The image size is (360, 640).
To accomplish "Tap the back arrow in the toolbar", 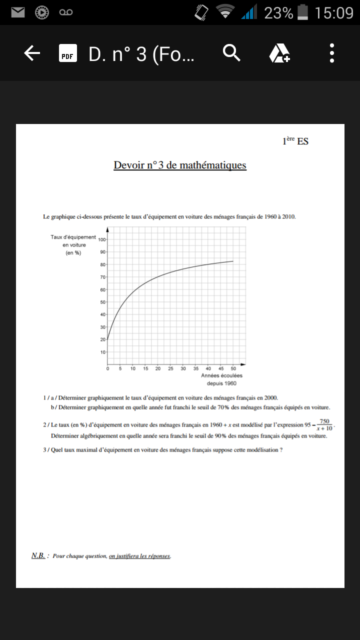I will [32, 53].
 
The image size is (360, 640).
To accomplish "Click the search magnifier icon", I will [231, 52].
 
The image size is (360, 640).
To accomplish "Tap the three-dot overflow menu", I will [332, 53].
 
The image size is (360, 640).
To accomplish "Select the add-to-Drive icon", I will [279, 53].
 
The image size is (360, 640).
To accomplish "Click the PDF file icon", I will [67, 53].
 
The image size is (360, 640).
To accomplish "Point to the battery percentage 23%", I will [278, 12].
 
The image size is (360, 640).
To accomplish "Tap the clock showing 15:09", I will [334, 12].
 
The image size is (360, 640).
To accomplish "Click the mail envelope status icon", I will [18, 12].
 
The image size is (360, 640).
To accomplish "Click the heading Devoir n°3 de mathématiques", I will [180, 165].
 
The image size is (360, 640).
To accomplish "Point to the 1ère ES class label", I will [295, 141].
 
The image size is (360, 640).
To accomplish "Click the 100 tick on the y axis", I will [101, 239].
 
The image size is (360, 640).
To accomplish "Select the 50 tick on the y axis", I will [102, 302].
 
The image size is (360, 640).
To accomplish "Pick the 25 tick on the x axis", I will [170, 369].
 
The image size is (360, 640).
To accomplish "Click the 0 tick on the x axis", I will [108, 369].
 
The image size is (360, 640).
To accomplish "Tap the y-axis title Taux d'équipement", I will [73, 236].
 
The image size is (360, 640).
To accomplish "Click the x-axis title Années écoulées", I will [221, 375].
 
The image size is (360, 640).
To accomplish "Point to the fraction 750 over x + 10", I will [324, 425].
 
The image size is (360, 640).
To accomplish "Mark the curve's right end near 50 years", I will [233, 261].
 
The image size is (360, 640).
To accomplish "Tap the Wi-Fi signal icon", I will [225, 12].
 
